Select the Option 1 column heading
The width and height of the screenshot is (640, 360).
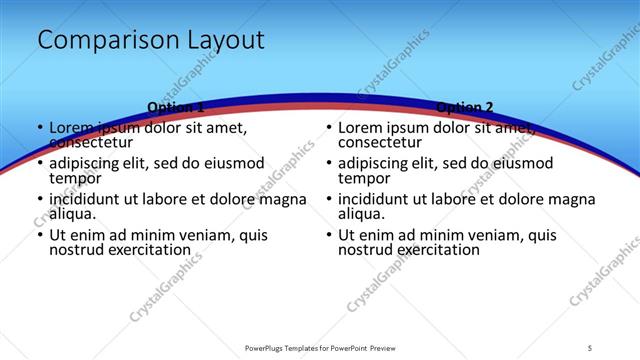pyautogui.click(x=175, y=107)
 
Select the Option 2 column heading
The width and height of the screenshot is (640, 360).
pyautogui.click(x=465, y=107)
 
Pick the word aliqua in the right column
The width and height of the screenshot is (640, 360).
pyautogui.click(x=359, y=213)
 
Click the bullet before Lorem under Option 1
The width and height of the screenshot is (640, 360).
pyautogui.click(x=39, y=128)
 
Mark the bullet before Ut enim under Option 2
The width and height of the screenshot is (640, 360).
pyautogui.click(x=328, y=235)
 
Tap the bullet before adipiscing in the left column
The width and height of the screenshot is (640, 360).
pyautogui.click(x=39, y=163)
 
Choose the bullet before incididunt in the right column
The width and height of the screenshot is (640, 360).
pyautogui.click(x=328, y=199)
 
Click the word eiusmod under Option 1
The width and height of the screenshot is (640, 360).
pyautogui.click(x=236, y=163)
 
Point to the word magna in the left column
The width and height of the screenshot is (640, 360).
pyautogui.click(x=283, y=199)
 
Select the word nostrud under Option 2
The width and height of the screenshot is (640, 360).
pyautogui.click(x=365, y=249)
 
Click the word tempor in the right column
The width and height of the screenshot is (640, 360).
pyautogui.click(x=364, y=178)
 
